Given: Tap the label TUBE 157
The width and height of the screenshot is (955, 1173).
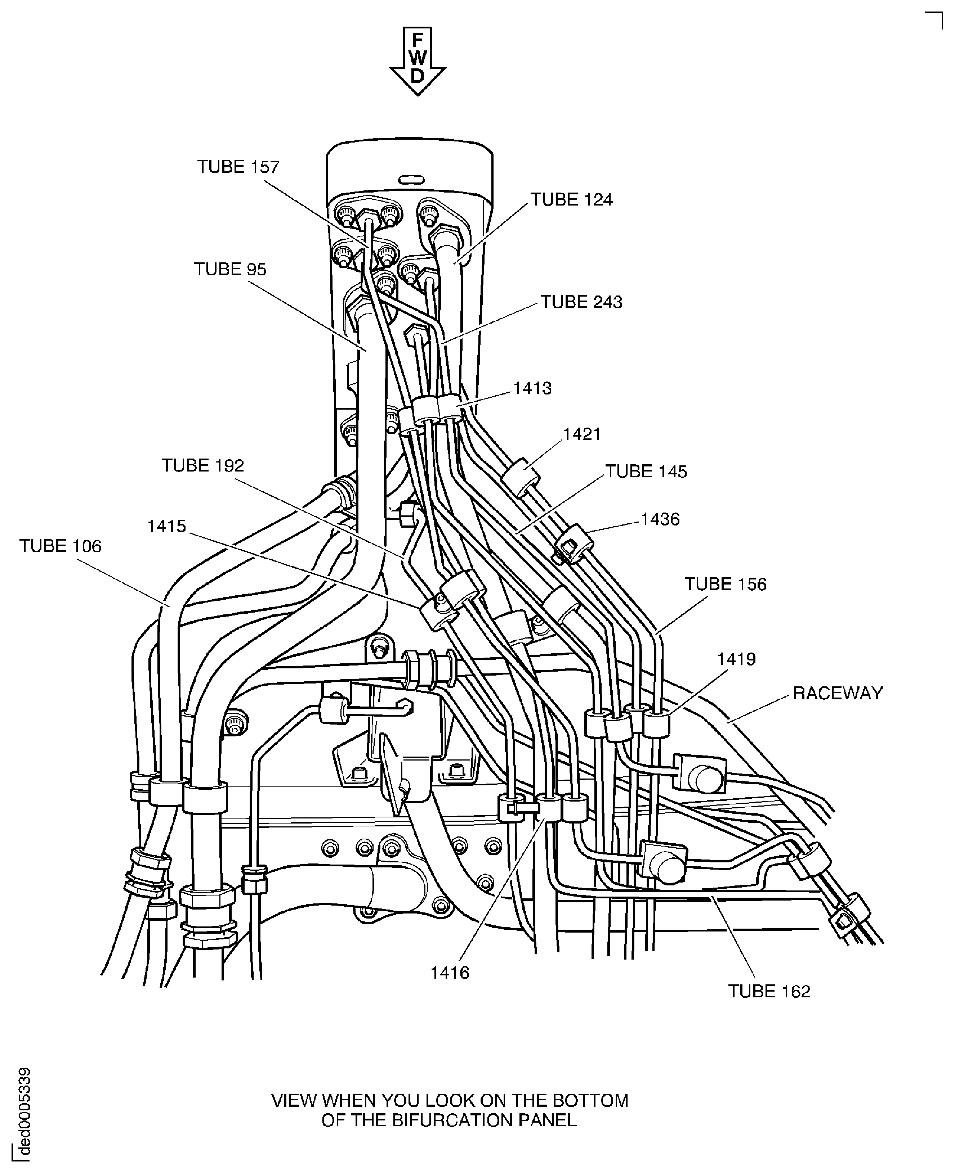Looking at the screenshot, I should pos(238,167).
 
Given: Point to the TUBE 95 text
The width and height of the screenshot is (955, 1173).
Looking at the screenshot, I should pos(230,269).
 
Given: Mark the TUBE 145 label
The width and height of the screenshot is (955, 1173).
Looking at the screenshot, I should pos(646,471).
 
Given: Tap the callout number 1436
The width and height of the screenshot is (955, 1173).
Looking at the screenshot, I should pos(660,519).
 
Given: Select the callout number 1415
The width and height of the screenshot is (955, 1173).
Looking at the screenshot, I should pos(167,526).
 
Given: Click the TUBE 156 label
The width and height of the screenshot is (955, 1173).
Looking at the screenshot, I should pos(725,584).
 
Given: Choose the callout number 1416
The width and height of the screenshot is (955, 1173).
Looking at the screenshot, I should pos(450,973).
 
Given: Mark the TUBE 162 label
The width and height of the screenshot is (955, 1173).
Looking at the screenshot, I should pos(769,991).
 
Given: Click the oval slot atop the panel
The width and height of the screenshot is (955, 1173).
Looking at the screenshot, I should pos(411,180).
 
